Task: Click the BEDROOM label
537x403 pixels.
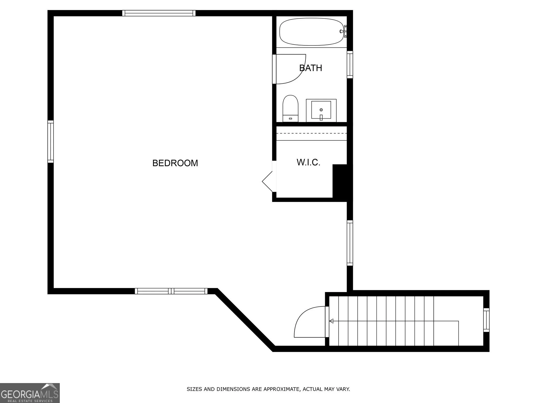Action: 175,163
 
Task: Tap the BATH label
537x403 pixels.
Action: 311,68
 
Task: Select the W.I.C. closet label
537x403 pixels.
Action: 309,162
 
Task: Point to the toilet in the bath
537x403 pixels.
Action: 291,109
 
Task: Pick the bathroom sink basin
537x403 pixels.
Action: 321,110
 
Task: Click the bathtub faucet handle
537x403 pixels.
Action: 342,31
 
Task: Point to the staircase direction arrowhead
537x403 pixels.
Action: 331,321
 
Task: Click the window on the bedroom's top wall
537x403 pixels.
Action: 159,13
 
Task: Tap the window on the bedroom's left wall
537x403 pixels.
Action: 51,141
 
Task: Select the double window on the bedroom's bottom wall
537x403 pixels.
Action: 171,291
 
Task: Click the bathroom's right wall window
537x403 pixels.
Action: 350,65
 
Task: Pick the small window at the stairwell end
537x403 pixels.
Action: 486,320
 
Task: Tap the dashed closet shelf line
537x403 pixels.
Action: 312,133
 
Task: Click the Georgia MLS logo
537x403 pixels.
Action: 30,393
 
